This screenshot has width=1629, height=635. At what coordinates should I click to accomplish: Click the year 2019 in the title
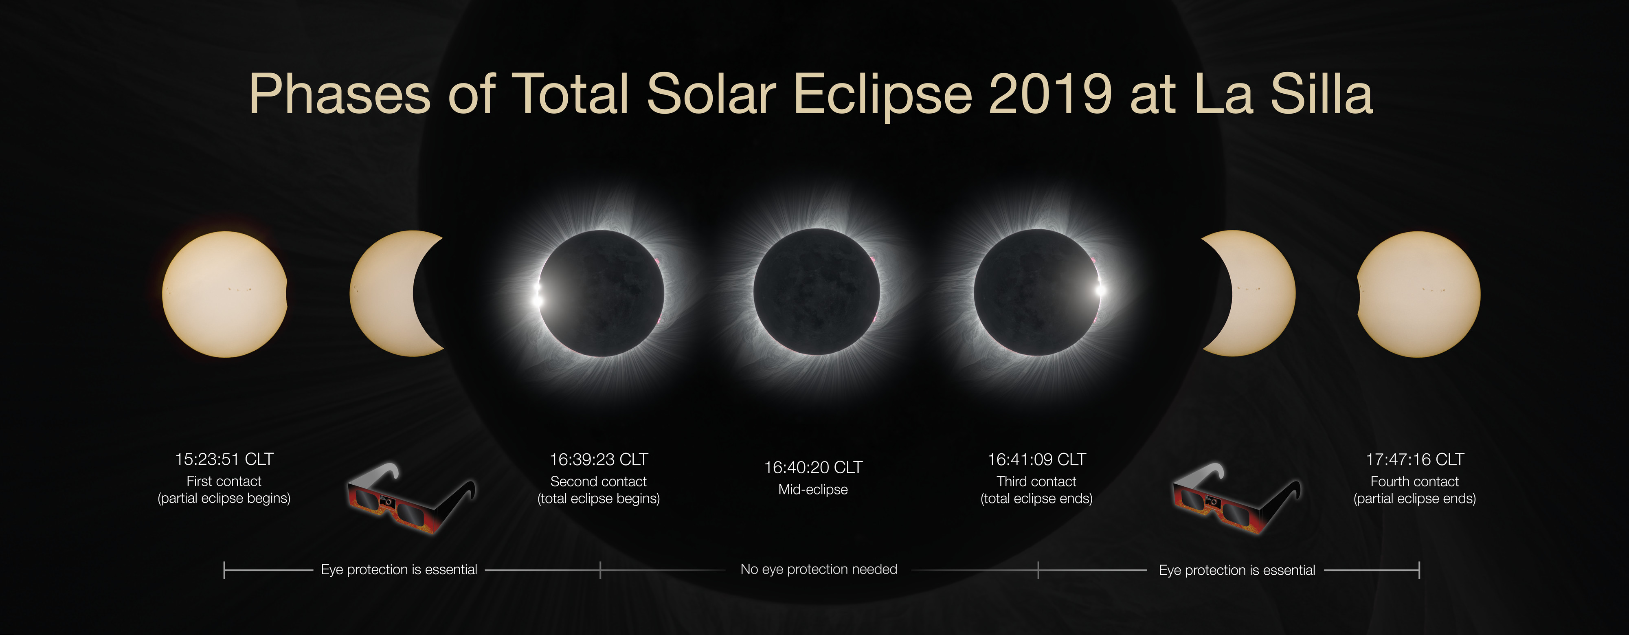pyautogui.click(x=1050, y=94)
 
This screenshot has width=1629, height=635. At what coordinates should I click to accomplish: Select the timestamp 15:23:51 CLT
pyautogui.click(x=224, y=459)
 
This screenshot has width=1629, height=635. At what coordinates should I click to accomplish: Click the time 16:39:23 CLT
pyautogui.click(x=599, y=459)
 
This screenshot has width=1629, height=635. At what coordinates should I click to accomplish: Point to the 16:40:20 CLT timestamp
pyautogui.click(x=813, y=468)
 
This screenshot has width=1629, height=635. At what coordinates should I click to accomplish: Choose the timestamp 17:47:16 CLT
pyautogui.click(x=1415, y=459)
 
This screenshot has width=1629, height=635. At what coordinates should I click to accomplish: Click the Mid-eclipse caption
pyautogui.click(x=813, y=490)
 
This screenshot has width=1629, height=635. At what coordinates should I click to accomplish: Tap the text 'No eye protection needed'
pyautogui.click(x=819, y=569)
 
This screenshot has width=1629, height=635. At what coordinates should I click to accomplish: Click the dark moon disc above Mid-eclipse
pyautogui.click(x=817, y=292)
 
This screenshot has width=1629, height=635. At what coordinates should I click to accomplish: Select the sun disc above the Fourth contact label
pyautogui.click(x=1418, y=294)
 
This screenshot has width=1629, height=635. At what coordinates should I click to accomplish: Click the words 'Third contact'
pyautogui.click(x=1036, y=481)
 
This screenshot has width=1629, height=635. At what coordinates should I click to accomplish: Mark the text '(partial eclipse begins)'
pyautogui.click(x=224, y=499)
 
